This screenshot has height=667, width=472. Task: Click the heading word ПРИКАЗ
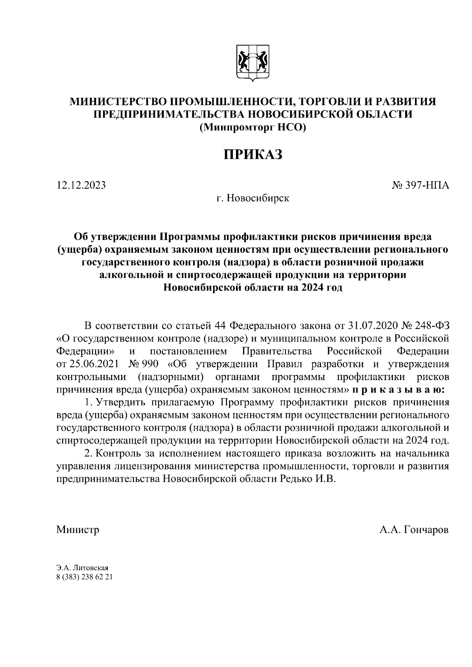click(253, 154)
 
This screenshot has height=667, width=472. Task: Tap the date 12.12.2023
click(81, 185)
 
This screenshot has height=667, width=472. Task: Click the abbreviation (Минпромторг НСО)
click(253, 127)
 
